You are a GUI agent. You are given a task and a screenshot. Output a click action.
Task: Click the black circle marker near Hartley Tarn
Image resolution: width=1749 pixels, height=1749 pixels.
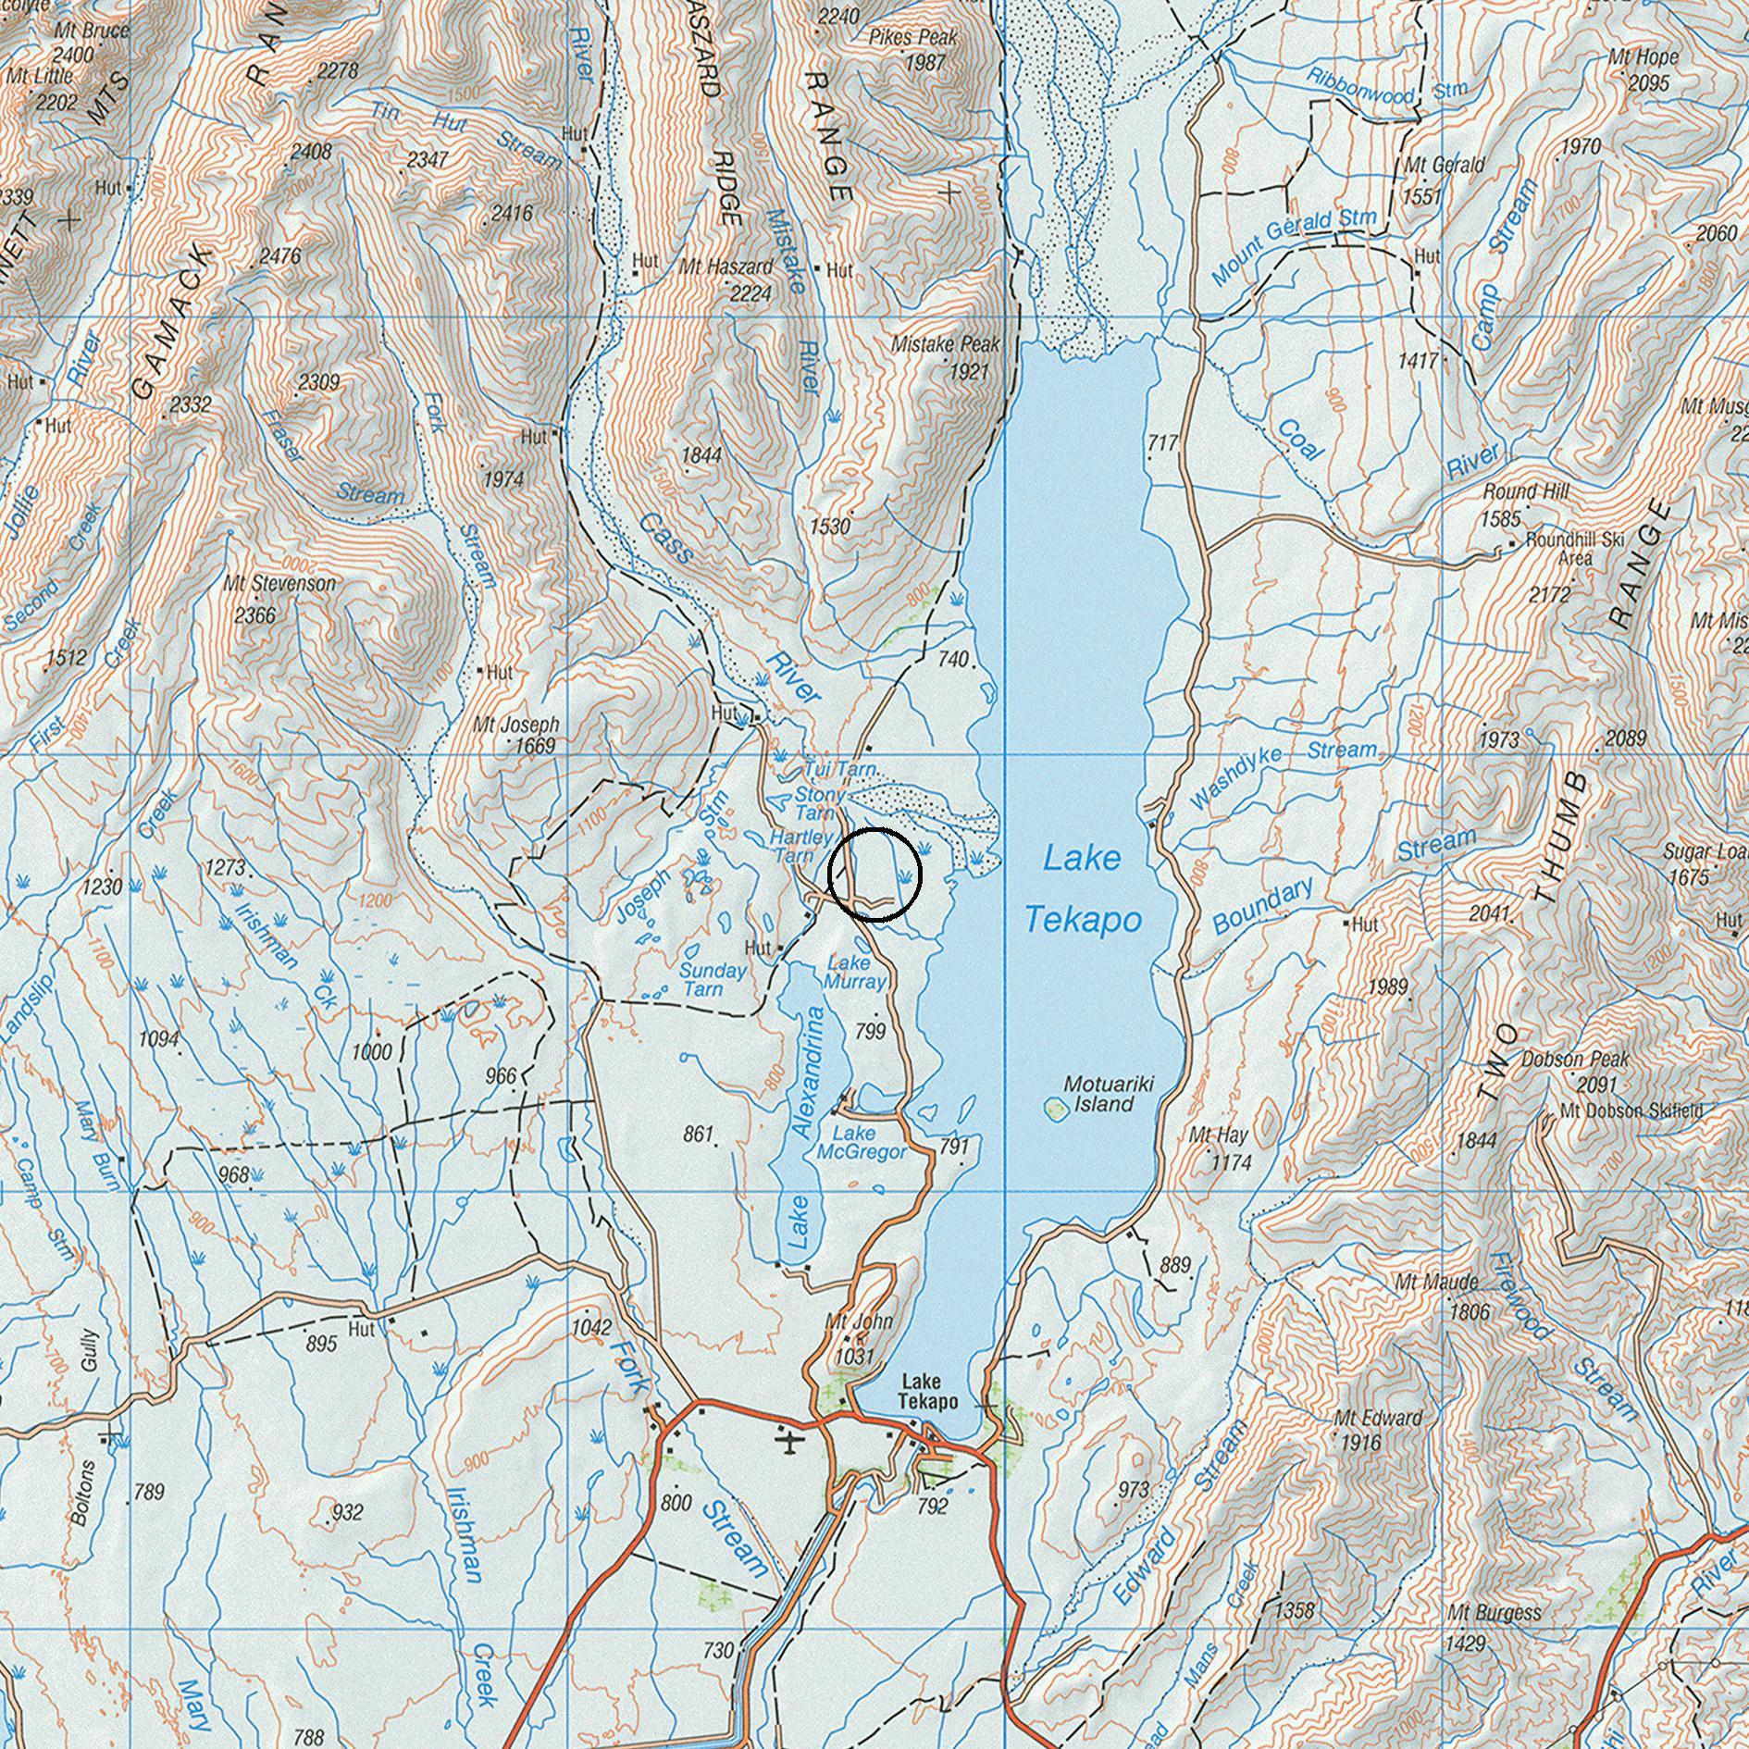coord(874,874)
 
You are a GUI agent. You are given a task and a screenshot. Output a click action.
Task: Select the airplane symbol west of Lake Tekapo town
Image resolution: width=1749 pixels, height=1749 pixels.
coord(788,1443)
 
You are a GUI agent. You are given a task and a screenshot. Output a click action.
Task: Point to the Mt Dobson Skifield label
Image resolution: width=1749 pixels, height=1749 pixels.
coord(1631,1111)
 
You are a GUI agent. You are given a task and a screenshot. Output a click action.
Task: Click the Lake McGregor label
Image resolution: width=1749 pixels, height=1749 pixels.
coord(861,1143)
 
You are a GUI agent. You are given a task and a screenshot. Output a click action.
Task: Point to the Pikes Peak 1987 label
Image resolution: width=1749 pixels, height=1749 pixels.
coord(912,50)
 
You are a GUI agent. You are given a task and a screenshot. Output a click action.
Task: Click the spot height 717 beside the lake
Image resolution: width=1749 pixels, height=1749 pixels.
coord(1161,443)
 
